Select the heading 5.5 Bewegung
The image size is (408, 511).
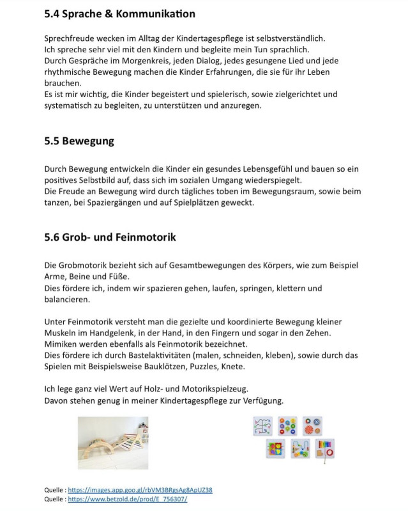[x=79, y=141]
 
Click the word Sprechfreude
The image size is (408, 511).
[x=70, y=38]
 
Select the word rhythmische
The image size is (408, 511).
[x=70, y=72]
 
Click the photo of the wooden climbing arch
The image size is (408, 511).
[x=113, y=443]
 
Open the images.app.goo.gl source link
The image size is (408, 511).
[x=140, y=490]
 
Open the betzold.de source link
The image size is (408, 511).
[x=127, y=499]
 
